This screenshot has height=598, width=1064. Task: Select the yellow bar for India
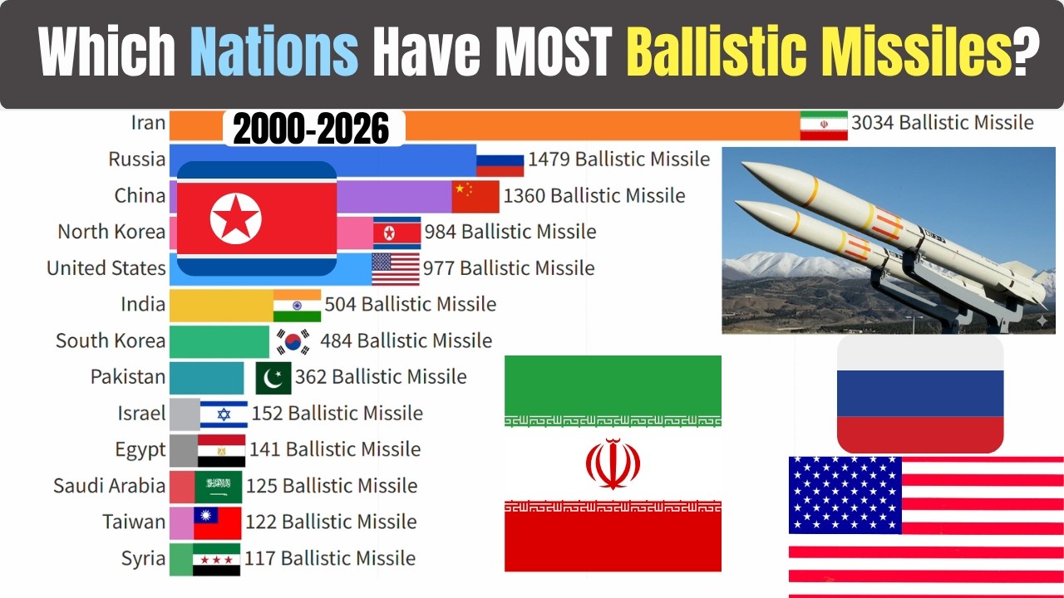221,306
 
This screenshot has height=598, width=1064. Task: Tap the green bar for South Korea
219,341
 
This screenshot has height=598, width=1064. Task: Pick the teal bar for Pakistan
206,377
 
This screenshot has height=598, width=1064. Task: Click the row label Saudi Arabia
109,485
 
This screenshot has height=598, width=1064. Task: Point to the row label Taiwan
134,522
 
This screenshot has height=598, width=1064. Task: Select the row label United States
106,268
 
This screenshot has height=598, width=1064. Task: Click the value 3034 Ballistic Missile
942,123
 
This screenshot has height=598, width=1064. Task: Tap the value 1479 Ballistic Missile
618,159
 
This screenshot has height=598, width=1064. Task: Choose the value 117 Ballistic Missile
330,558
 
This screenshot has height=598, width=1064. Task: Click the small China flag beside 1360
475,196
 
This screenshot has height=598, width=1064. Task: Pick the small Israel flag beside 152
224,414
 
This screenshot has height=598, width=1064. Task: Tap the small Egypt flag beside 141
221,450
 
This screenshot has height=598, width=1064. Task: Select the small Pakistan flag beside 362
273,377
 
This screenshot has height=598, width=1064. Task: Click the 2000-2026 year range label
311,130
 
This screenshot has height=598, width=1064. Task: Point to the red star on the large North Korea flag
235,218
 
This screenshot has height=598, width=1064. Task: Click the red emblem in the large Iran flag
613,463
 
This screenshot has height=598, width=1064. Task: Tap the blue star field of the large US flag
845,494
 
